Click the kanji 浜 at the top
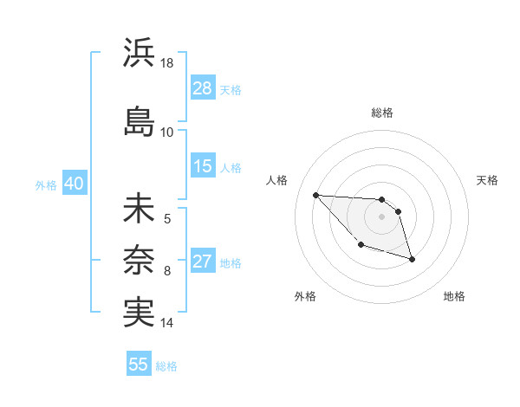(x=139, y=54)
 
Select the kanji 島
(x=139, y=121)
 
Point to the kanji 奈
(x=139, y=259)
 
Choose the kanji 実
(x=139, y=310)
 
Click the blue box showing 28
(x=203, y=88)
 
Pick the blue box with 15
(x=203, y=166)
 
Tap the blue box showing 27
(x=203, y=262)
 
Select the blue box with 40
(x=74, y=184)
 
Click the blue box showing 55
(x=139, y=365)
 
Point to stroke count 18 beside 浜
(x=168, y=64)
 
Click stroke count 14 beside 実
(x=167, y=323)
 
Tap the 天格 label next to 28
(x=231, y=89)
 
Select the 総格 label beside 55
(x=166, y=365)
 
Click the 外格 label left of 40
(x=46, y=184)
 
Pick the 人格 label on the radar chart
(x=277, y=180)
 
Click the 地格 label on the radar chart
(x=454, y=296)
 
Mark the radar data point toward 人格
(x=315, y=195)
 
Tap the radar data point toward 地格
(x=412, y=259)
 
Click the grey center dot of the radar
(x=381, y=216)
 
